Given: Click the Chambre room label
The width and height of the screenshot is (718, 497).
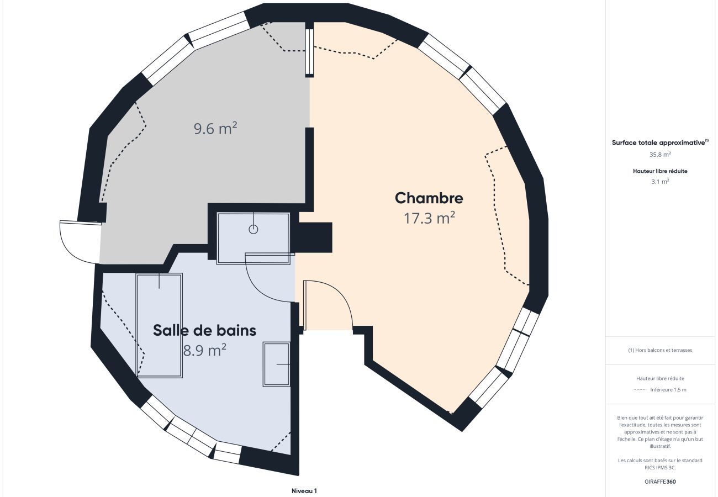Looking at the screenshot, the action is point(429,198).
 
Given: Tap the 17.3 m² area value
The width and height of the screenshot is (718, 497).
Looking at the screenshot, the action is point(429,218).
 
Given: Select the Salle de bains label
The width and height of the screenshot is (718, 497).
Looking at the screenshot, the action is point(204,330).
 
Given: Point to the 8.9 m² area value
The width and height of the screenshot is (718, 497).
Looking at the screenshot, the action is point(204,350).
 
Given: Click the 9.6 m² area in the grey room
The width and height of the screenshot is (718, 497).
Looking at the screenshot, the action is point(215,128).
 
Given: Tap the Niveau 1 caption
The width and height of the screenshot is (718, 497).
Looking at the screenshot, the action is point(304,491).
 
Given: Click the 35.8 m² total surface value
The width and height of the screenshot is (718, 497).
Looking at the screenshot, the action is point(660,155).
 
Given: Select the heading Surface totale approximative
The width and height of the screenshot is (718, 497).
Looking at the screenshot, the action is point(658,143).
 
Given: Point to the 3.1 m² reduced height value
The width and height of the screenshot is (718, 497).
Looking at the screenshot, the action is point(660,181).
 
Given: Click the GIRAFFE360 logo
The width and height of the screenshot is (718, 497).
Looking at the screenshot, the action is point(660,482).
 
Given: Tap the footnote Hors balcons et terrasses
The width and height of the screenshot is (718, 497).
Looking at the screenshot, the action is point(660,350).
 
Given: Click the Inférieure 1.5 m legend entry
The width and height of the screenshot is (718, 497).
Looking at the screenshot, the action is point(668,390).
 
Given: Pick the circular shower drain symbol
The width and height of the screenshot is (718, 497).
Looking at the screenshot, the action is point(253,229).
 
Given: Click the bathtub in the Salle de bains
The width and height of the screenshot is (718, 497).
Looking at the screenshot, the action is point(159,325).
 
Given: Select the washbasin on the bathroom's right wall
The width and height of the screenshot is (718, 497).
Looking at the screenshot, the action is point(276,364).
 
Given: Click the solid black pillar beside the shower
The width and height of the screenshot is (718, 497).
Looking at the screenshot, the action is point(315,237).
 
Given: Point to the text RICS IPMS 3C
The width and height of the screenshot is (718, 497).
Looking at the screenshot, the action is point(660,468).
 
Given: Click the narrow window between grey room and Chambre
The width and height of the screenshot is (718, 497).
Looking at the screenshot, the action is point(309,51).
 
